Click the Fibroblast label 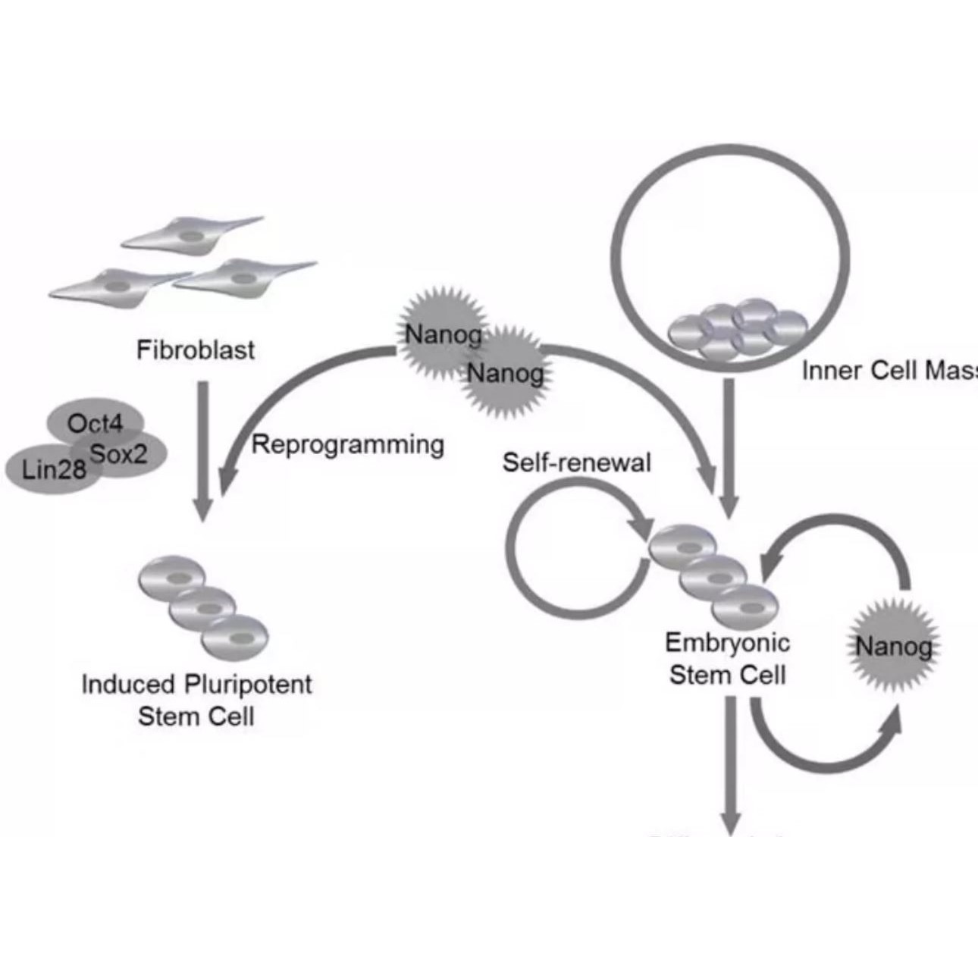coord(196,350)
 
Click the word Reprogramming coord(348,444)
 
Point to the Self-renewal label coord(576,462)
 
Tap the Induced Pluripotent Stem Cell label coord(196,700)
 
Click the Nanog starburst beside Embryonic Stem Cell coord(893,647)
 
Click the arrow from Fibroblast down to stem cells coord(202,447)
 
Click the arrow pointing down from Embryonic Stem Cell coord(729,766)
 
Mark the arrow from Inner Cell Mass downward coord(729,447)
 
